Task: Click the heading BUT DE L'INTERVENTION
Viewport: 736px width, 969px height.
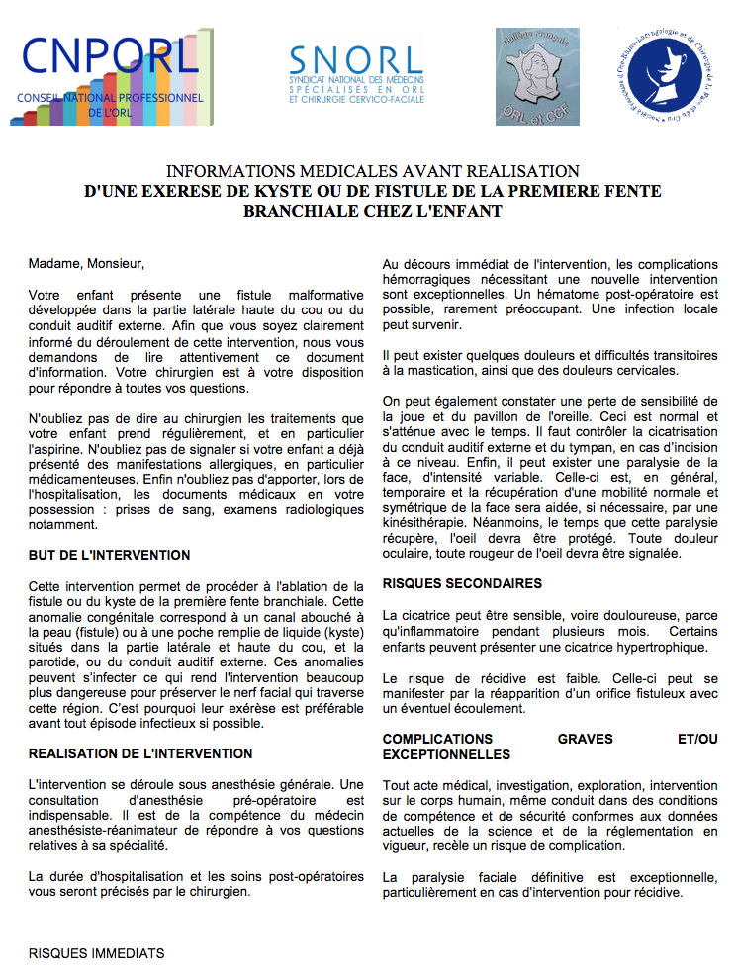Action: pos(110,555)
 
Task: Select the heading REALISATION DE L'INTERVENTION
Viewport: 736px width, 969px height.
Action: pos(140,753)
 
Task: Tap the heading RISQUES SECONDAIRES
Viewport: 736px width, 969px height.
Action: pos(462,583)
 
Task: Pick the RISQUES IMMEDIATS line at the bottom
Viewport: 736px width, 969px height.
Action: pos(97,953)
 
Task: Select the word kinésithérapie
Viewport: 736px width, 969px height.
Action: pos(432,522)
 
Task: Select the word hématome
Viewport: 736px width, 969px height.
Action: pos(580,295)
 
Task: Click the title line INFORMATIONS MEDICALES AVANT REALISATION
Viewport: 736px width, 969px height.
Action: pos(373,171)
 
